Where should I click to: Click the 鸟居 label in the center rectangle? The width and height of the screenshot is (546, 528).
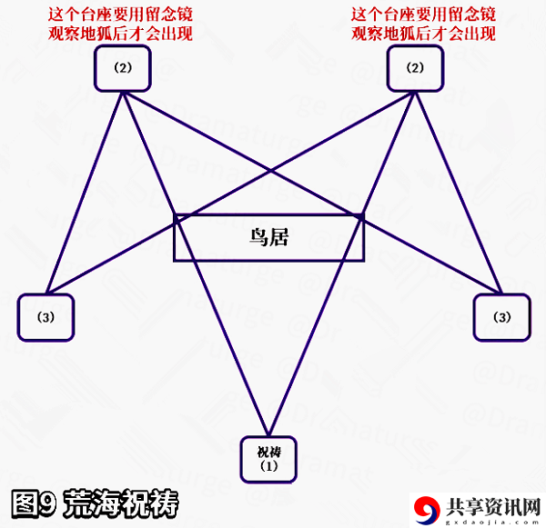pos(268,237)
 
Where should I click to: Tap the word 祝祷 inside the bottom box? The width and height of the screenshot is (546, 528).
pos(268,453)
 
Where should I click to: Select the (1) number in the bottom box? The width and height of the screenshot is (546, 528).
pos(268,465)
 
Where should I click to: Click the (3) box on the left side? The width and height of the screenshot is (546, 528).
pos(45,317)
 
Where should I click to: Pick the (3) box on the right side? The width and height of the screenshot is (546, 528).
pos(502,317)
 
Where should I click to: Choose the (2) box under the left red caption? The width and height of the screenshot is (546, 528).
pos(123,68)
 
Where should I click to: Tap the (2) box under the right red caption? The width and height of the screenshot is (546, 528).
pos(415,68)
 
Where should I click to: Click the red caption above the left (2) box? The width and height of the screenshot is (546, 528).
pos(120,25)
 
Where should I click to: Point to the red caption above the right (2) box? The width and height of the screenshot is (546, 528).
pos(423,25)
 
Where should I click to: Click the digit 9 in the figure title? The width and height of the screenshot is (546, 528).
pos(46,503)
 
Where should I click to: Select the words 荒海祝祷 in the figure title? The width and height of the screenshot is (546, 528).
pos(121,503)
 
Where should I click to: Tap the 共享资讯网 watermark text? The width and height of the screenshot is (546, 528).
pos(493,507)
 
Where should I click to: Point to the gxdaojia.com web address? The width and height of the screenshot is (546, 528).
pos(492,522)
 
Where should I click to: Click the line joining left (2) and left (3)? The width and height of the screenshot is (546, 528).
pos(85,193)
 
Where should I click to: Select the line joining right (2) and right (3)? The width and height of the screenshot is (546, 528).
pos(458,193)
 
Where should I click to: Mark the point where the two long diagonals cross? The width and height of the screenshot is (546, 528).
pos(270,171)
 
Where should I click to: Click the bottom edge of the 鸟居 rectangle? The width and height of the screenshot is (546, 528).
pos(268,260)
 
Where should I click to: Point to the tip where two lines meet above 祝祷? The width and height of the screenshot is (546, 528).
pos(268,434)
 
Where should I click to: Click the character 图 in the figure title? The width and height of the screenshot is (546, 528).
pos(24,503)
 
